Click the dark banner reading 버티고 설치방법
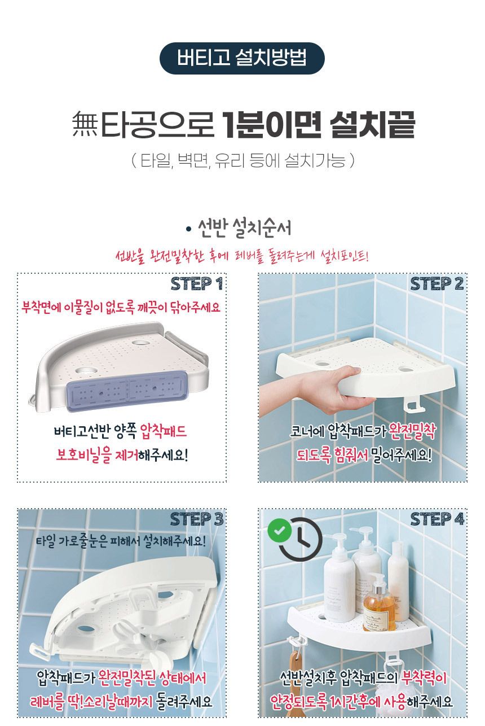(242, 58)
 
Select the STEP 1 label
(196, 284)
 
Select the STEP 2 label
(437, 284)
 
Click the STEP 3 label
(196, 518)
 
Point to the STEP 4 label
(437, 518)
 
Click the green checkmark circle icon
(279, 531)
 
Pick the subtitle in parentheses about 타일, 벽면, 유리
(242, 161)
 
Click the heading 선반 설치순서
(242, 229)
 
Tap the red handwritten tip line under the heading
(242, 255)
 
